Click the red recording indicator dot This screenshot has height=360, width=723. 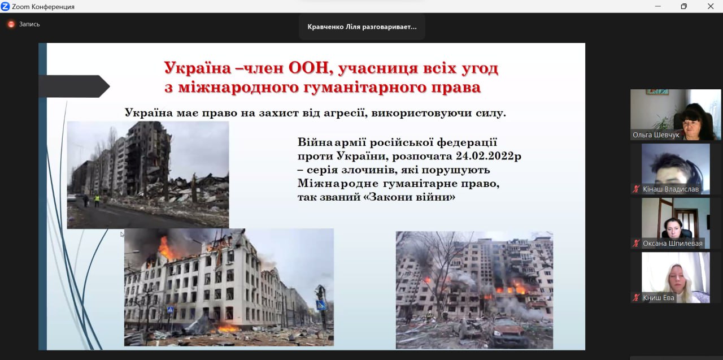pyautogui.click(x=11, y=24)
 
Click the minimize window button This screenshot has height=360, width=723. pyautogui.click(x=658, y=6)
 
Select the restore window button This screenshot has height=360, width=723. pyautogui.click(x=683, y=6)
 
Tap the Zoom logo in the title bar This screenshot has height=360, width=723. pyautogui.click(x=5, y=6)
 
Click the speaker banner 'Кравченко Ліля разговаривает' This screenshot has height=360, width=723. pyautogui.click(x=362, y=27)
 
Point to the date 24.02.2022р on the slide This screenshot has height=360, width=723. pyautogui.click(x=489, y=156)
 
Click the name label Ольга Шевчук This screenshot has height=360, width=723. pyautogui.click(x=656, y=135)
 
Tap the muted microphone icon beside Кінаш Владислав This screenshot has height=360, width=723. pyautogui.click(x=636, y=189)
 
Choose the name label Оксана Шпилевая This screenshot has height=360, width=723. pyautogui.click(x=672, y=244)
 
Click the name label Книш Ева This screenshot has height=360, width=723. pyautogui.click(x=659, y=298)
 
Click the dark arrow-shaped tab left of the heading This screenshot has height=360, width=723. pyautogui.click(x=74, y=86)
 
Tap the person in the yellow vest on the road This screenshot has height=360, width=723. pyautogui.click(x=97, y=200)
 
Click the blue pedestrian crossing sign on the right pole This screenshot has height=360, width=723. pyautogui.click(x=320, y=305)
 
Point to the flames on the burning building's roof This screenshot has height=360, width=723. pyautogui.click(x=165, y=248)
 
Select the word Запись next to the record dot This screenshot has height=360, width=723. pyautogui.click(x=29, y=24)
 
